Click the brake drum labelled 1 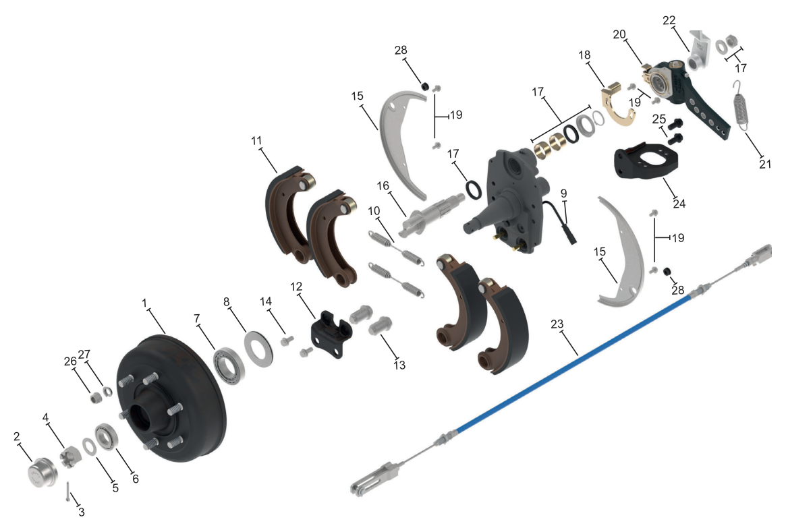coord(171,398)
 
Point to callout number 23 coord(557,324)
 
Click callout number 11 coord(256,141)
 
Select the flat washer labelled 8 coord(258,349)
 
